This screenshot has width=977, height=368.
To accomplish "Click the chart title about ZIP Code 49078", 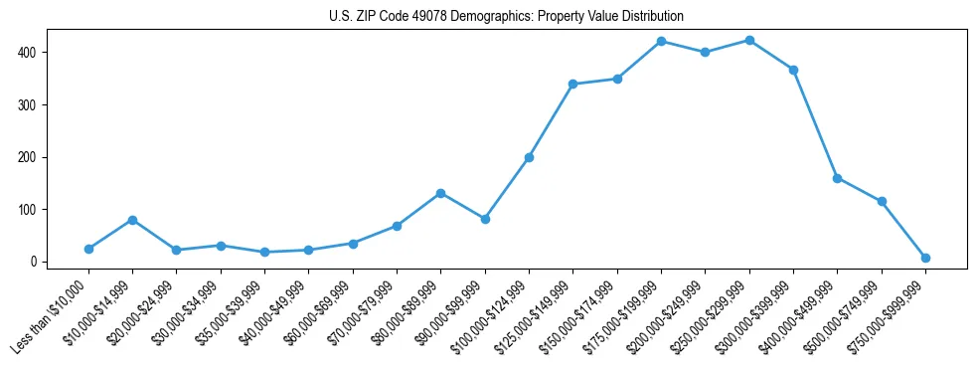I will (506, 17).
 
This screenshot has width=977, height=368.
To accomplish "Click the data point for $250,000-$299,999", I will (749, 41).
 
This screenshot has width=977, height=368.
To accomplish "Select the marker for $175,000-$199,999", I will (661, 42).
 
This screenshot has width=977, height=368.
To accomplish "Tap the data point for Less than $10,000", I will (88, 249).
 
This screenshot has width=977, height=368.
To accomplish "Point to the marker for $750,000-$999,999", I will (925, 258).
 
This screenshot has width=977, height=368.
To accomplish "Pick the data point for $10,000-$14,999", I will (132, 220).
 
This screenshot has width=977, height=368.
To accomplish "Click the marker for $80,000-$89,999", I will (440, 193).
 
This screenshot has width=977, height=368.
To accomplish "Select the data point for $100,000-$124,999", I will (529, 157).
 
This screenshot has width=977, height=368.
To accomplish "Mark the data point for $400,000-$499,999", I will (837, 178).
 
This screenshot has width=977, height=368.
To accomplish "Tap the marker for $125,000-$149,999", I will (572, 84).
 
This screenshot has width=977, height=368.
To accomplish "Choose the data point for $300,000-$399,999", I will (793, 70).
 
